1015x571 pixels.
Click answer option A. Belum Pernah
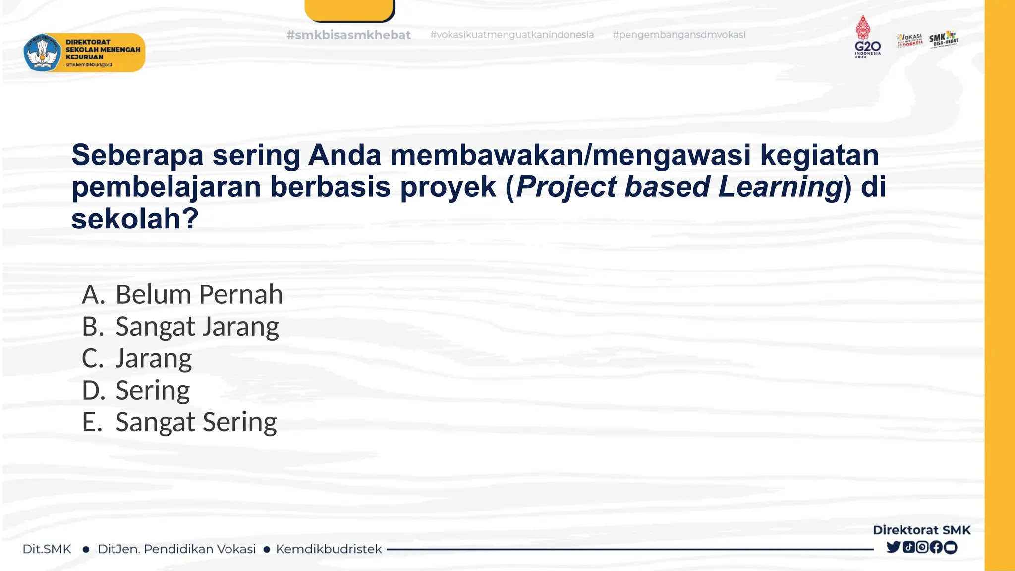coord(182,295)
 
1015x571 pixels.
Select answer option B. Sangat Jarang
coord(180,327)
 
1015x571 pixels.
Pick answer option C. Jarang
coord(137,359)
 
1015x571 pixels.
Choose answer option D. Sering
coord(136,391)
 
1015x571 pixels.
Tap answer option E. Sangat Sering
coord(179,422)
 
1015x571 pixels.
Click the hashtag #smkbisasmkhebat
coord(348,35)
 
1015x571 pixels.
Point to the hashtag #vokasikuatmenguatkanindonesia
coord(511,35)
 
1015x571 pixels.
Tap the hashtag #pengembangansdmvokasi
coord(678,35)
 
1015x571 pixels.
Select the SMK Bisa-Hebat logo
coord(943,39)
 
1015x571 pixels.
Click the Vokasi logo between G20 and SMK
coord(909,40)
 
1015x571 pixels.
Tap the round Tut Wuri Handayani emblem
coord(43,53)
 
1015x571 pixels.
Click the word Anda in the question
coord(344,155)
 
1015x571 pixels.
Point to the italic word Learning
coord(780,187)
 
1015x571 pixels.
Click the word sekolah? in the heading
coord(135,219)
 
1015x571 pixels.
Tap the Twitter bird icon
coord(893,547)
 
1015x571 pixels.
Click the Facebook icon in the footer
coord(936,547)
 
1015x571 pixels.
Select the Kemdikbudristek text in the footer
coord(329,549)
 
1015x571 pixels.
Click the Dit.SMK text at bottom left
coord(47,549)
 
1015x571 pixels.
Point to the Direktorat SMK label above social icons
coord(921,530)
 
